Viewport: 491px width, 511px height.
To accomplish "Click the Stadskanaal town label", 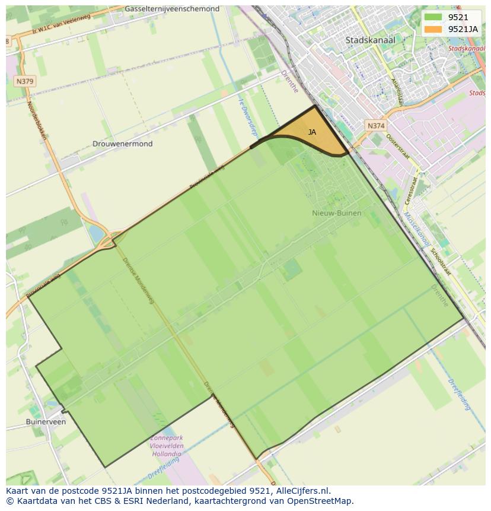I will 370,40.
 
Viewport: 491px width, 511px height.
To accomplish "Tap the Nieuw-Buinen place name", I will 336,212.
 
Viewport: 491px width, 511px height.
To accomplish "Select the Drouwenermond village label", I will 122,144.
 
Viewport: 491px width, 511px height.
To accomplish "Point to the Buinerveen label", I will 46,421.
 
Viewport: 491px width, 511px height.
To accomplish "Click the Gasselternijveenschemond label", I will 172,9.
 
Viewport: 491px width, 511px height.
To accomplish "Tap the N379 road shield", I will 25,81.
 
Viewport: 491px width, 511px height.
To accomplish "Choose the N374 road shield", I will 375,126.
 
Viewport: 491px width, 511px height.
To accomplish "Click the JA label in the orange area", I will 312,132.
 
